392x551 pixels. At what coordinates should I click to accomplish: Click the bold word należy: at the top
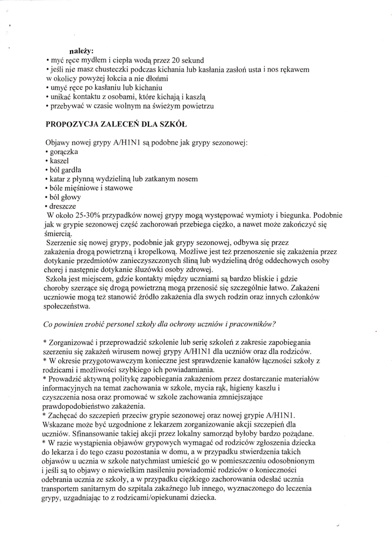coord(82,51)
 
